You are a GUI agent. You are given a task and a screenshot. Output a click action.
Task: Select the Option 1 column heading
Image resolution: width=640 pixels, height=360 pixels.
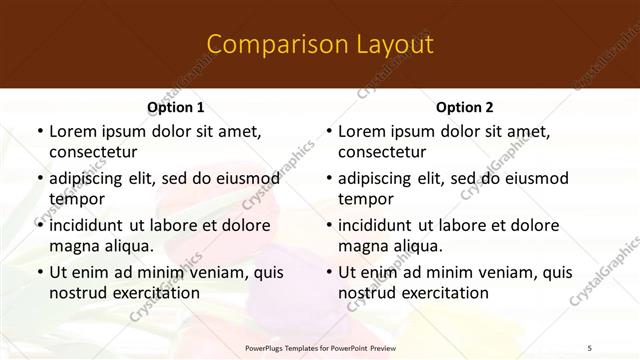click(x=176, y=107)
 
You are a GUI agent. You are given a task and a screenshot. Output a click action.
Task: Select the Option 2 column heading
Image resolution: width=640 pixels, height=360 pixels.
click(x=465, y=107)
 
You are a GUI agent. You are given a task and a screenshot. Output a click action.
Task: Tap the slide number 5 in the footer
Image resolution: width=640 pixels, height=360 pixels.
click(x=590, y=348)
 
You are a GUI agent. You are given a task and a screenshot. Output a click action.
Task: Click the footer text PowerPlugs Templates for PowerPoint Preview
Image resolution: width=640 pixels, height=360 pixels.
click(x=320, y=348)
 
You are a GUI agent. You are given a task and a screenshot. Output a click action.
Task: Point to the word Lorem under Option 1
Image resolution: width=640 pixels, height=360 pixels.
click(x=72, y=131)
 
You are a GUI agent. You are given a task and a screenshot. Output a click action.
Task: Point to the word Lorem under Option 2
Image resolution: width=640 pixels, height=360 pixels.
click(x=361, y=131)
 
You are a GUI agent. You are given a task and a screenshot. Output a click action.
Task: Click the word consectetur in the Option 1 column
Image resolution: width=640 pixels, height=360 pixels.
click(x=93, y=152)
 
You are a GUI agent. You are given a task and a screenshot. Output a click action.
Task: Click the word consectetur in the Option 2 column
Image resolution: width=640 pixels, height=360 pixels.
click(x=382, y=152)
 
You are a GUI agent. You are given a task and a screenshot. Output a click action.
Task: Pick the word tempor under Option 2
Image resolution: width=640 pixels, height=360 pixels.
click(x=366, y=199)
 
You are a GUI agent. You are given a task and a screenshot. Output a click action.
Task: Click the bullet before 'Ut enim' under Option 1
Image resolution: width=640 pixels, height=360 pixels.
click(x=40, y=273)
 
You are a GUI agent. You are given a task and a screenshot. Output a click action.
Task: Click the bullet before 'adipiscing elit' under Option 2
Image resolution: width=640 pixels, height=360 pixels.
click(x=329, y=179)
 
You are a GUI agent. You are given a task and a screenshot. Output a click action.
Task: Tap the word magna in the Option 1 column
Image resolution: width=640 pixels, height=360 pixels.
click(x=74, y=246)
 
